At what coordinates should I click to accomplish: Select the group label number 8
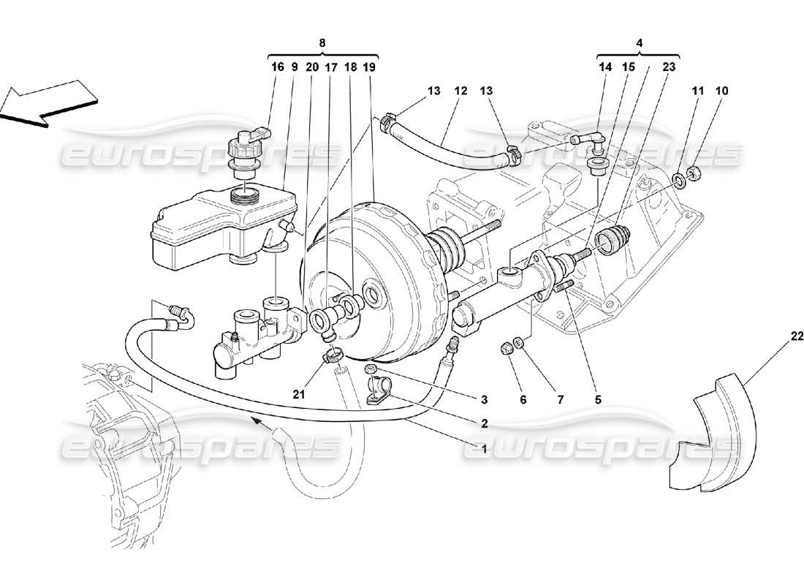click(322, 43)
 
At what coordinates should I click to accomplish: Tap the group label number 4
click(639, 43)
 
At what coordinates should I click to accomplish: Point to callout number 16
click(277, 67)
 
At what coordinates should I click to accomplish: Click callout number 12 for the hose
click(460, 91)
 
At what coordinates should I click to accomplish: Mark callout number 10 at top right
click(722, 91)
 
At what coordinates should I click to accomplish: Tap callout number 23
click(670, 67)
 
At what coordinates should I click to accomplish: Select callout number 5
click(598, 399)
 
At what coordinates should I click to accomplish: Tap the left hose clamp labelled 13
click(390, 120)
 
